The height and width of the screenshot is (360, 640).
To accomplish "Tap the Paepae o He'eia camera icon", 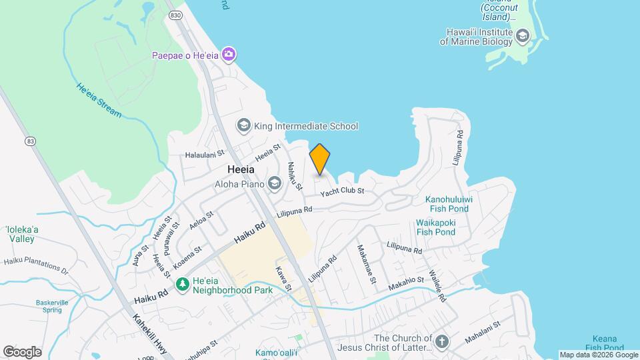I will coord(229,54).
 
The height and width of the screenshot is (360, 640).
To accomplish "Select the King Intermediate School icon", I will coord(244,126).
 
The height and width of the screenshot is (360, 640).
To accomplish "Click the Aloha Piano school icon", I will coord(274,183).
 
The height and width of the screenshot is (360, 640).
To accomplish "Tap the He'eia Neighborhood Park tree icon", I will coord(182,285).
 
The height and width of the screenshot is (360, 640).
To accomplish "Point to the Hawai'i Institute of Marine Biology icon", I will coord(523,36).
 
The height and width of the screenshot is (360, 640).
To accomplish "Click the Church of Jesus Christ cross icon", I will coord(441,343).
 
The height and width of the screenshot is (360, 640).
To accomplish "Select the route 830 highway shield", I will coord(175,15).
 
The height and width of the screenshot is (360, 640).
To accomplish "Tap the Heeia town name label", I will coord(241,169).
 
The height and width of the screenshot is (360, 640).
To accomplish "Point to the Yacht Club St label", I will coord(342,191).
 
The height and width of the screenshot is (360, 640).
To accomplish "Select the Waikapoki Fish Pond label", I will coord(435,227).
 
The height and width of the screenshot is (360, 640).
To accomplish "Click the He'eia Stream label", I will coord(99,101).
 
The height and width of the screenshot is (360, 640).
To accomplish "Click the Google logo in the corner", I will coord(22,351).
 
